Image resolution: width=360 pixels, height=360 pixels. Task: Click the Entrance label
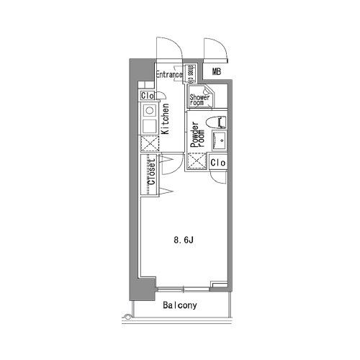169,74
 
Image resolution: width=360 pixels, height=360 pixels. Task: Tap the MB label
216,71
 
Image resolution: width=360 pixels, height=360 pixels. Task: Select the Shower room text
199,100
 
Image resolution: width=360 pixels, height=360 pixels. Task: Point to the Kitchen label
165,119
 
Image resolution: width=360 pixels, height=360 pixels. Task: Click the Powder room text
197,135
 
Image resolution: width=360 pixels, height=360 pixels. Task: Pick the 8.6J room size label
184,240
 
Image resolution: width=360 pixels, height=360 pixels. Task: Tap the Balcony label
180,305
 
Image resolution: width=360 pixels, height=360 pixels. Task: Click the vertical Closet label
152,172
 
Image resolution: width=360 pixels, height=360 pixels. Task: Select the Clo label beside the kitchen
148,96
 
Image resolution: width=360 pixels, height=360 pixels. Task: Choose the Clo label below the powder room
218,163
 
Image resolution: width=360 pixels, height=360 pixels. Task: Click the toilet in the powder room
216,122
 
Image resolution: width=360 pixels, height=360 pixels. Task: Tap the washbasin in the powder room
219,140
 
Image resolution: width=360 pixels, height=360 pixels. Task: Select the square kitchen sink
150,126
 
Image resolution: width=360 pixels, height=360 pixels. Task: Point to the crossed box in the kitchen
150,143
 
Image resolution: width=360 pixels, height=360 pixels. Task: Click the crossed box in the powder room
197,161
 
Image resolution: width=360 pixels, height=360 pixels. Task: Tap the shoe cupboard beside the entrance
191,73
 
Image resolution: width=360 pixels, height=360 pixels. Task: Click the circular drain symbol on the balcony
127,317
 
